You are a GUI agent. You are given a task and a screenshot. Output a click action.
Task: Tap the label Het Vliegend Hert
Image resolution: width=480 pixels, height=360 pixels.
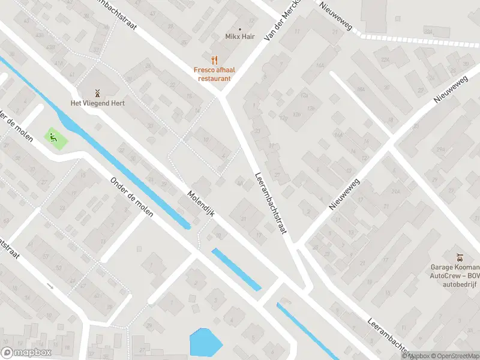[98, 103]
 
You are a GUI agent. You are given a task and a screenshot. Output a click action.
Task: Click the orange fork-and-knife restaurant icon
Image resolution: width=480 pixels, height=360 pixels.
[212, 59]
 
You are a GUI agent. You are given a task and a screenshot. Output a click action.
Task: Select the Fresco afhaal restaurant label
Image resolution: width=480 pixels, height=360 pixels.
[212, 74]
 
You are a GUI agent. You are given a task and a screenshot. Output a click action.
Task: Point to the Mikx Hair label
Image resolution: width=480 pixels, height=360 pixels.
[240, 37]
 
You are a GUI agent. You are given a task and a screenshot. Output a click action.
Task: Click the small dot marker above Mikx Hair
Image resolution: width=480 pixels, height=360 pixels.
[240, 28]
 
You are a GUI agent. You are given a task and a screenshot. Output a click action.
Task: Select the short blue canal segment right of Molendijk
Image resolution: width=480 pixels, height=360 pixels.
[236, 269]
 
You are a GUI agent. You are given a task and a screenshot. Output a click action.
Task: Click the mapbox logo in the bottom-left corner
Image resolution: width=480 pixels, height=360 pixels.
[26, 353]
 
